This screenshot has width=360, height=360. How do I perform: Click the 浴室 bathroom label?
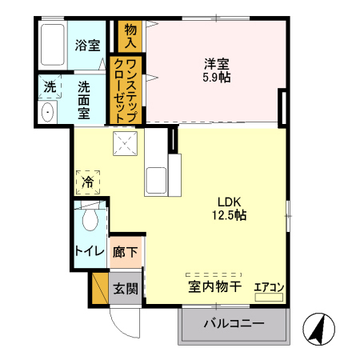coord(87,45)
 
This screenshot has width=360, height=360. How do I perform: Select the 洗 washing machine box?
coord(49,86)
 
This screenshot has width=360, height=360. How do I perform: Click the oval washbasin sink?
coord(46,112)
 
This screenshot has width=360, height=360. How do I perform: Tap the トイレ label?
coord(88,250)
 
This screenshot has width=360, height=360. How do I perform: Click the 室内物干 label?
coord(214,286)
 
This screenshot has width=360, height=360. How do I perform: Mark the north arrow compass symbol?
coord(316,328)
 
